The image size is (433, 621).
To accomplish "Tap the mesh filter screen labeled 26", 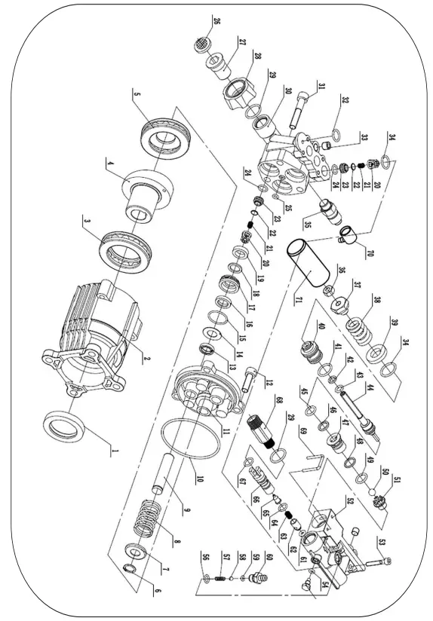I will pyautogui.click(x=201, y=44).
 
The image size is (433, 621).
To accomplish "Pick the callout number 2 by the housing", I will pyautogui.click(x=147, y=359).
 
